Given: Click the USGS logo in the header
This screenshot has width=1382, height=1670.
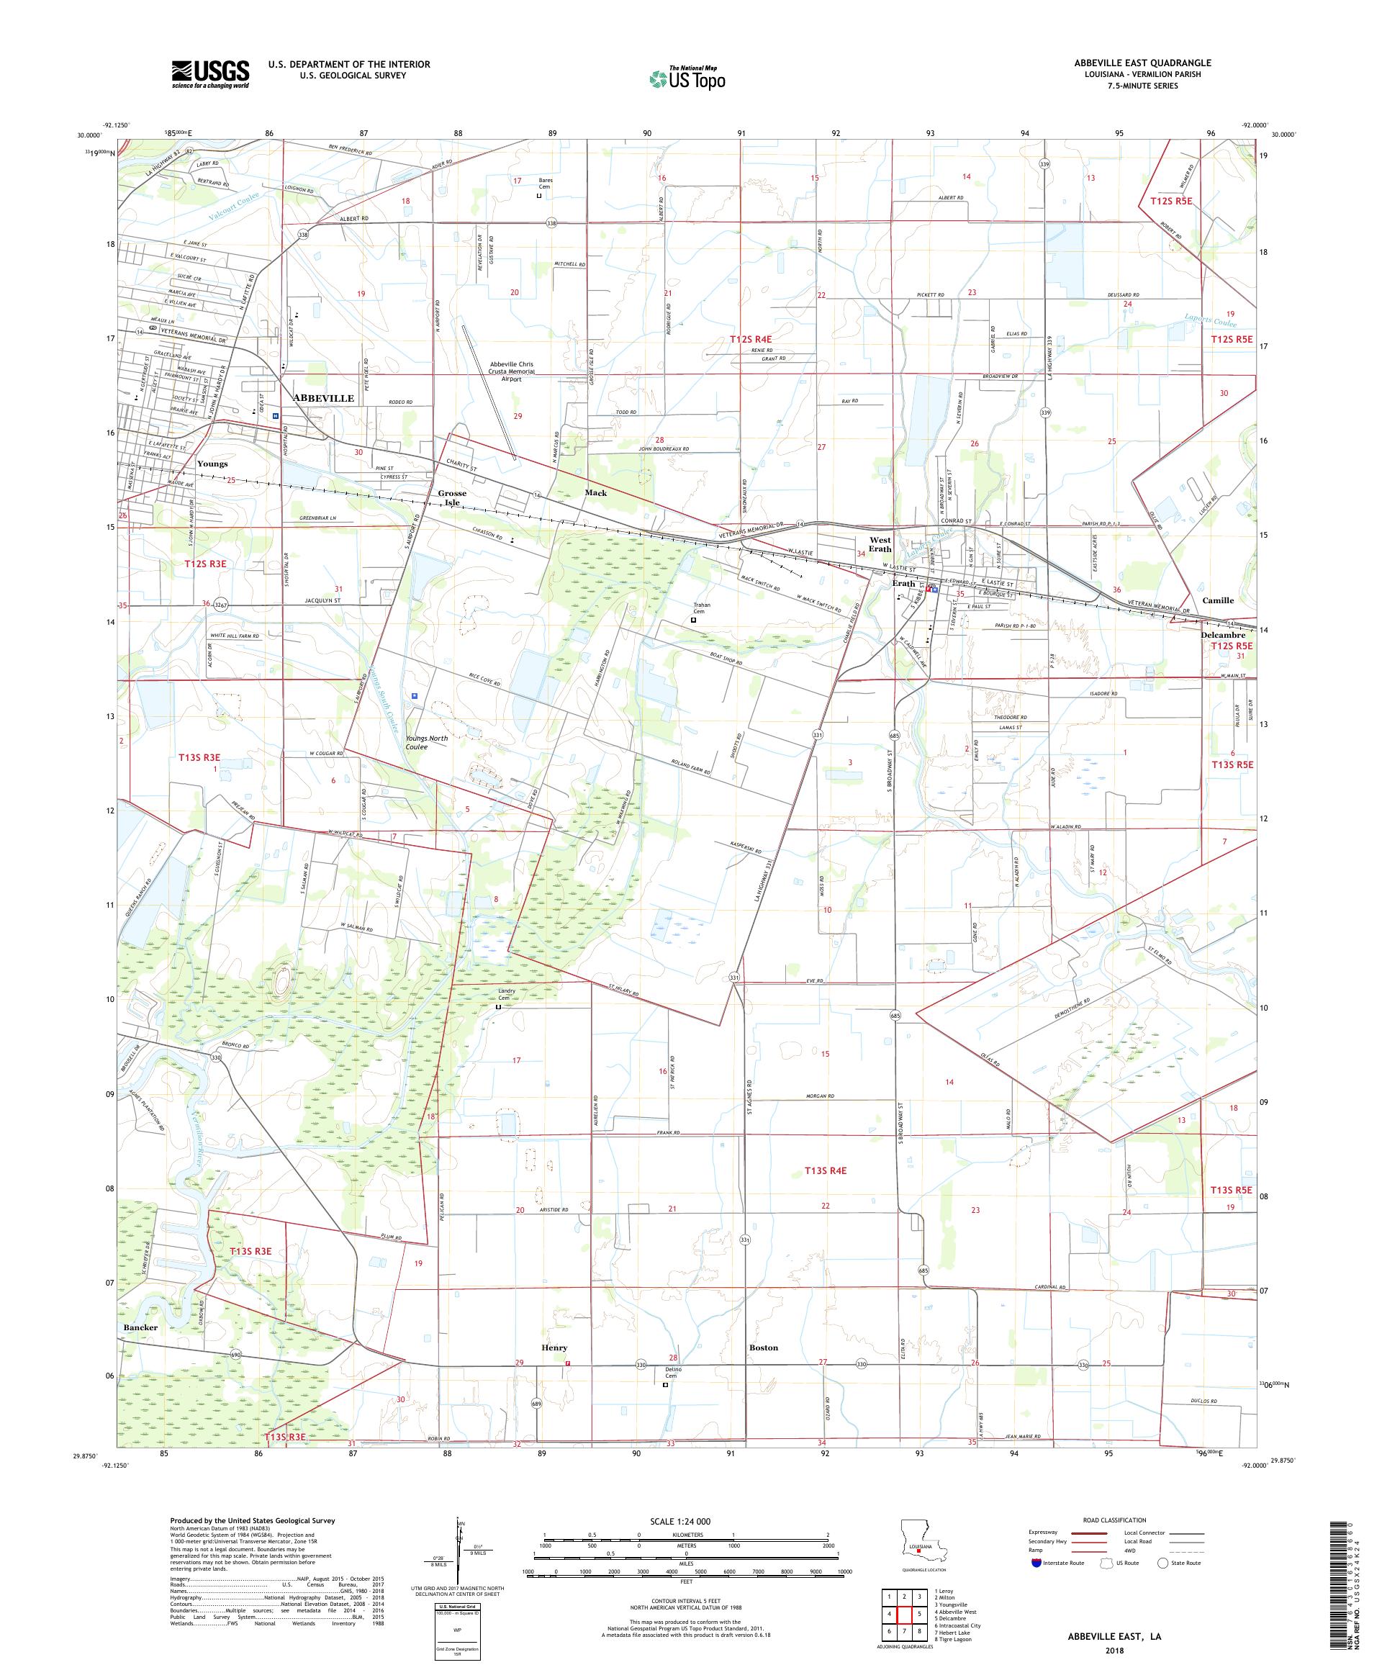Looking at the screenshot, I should tap(210, 75).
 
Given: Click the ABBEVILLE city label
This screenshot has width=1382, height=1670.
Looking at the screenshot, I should tap(323, 397).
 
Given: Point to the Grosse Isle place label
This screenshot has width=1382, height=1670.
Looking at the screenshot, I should tap(451, 498).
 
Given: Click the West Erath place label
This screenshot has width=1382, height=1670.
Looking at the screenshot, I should tap(880, 544).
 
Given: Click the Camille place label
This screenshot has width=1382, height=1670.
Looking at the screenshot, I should tap(1217, 600).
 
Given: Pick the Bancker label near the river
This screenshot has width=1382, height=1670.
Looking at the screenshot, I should tap(141, 1327).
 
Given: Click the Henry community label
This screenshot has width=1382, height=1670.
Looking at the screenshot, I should tap(554, 1347).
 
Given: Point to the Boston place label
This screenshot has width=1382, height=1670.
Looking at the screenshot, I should tap(762, 1347).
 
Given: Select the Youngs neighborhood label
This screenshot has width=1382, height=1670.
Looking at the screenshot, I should tap(212, 464).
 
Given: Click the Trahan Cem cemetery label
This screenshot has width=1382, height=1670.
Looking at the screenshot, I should tap(701, 608).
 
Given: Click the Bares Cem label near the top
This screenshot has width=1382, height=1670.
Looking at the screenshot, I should tap(545, 184).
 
